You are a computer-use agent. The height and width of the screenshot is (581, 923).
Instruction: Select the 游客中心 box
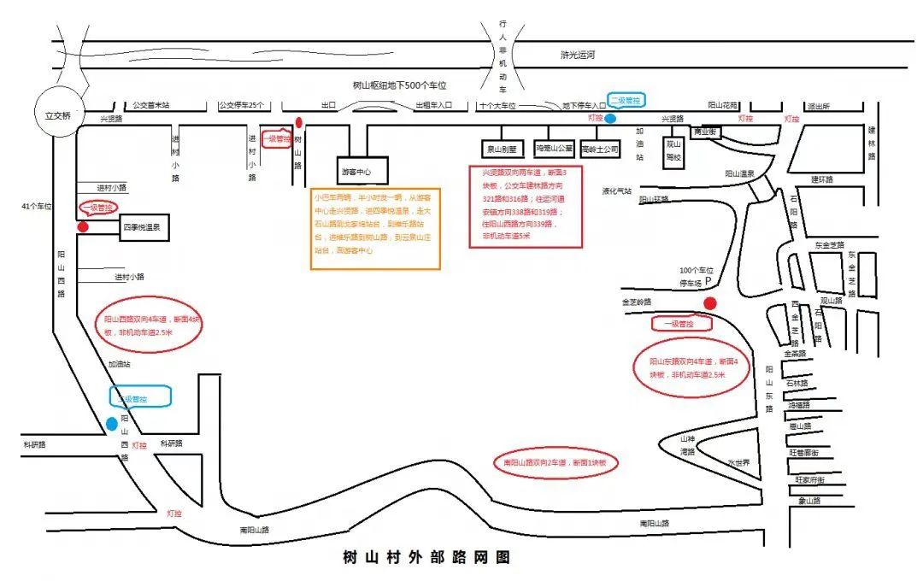[363, 171]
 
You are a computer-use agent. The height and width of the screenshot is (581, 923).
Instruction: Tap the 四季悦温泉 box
[146, 228]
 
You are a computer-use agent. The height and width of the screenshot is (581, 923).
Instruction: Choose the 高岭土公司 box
[599, 149]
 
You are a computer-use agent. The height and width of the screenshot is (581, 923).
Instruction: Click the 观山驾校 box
[674, 150]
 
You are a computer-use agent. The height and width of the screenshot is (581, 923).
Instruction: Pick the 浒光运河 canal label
[577, 55]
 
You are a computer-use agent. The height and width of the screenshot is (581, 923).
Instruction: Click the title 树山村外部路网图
[426, 558]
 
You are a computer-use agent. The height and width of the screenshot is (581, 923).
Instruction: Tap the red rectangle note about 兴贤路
[526, 207]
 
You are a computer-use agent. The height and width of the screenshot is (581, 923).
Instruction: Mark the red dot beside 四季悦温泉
[83, 227]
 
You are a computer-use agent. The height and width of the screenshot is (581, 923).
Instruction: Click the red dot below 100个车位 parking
[709, 303]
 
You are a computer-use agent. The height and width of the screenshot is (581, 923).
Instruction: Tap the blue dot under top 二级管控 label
[610, 119]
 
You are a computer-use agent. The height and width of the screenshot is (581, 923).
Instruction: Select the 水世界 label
[738, 462]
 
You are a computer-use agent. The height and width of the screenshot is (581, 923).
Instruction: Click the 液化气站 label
[615, 191]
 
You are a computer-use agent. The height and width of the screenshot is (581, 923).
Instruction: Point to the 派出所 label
[818, 106]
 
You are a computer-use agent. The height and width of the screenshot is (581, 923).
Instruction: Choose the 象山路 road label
[809, 501]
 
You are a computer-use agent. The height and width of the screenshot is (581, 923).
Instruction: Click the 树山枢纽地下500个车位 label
[400, 85]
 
